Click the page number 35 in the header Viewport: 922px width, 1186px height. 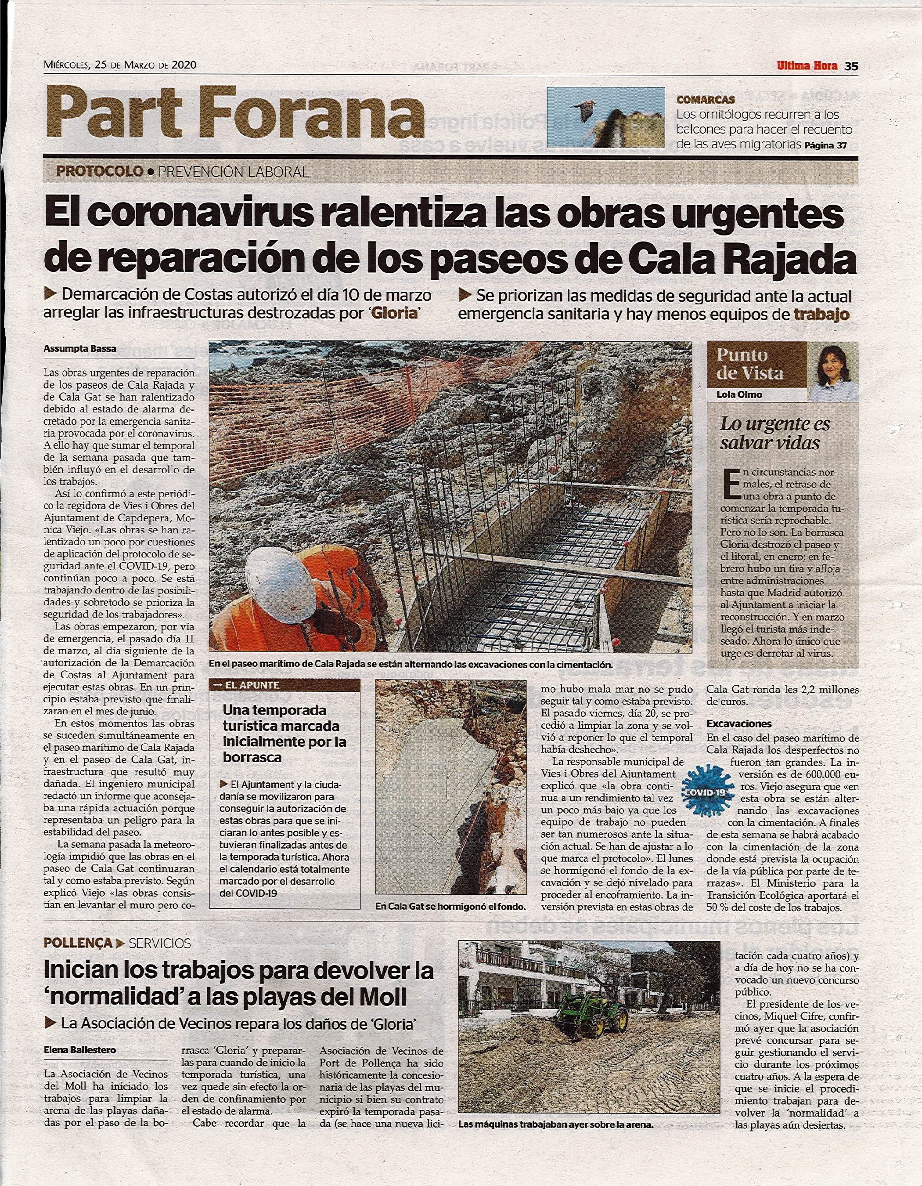850,66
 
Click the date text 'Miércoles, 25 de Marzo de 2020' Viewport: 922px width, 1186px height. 120,65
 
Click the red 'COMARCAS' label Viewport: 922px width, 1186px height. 706,100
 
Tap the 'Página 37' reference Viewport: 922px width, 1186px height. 825,145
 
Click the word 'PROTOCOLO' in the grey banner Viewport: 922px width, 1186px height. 100,172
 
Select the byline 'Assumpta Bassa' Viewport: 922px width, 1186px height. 80,349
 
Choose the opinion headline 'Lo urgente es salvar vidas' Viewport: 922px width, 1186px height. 775,434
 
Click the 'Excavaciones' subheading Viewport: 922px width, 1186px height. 738,724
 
